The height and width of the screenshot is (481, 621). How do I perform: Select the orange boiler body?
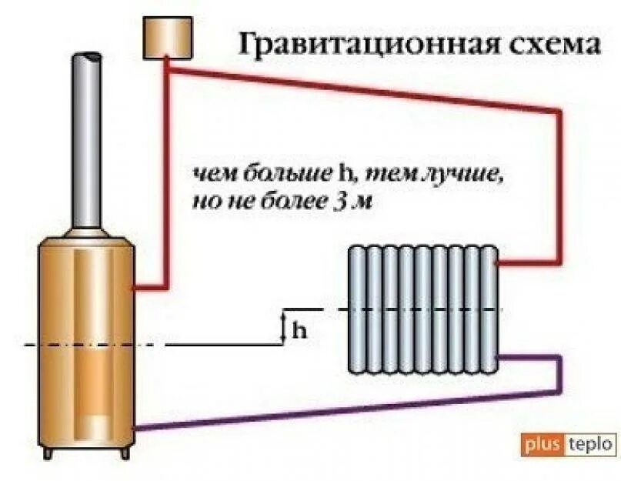pos(87,339)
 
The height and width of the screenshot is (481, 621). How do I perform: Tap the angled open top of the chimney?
pos(86,58)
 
